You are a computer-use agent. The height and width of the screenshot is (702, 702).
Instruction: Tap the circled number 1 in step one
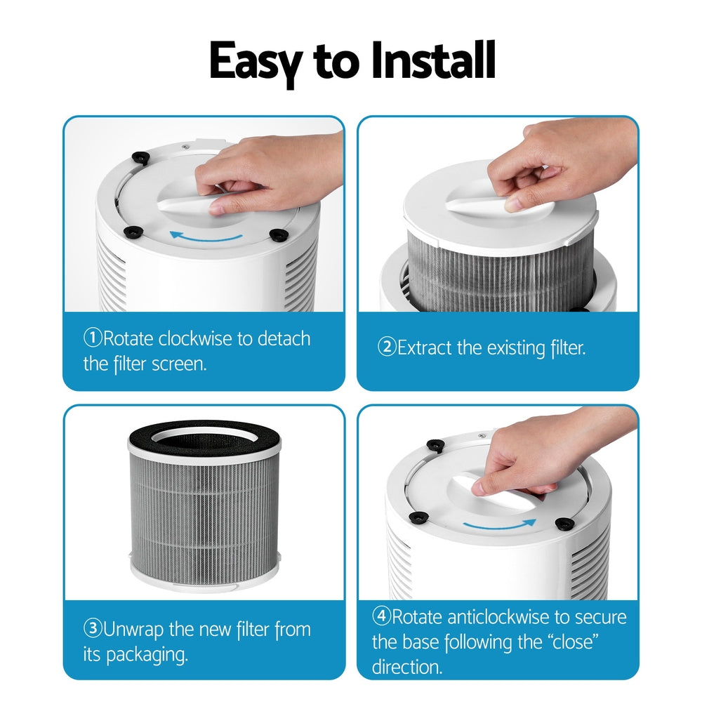click(93, 339)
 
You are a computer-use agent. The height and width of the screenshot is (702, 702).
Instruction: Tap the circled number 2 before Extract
click(387, 347)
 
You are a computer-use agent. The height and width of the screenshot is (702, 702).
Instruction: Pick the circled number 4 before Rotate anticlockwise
click(381, 617)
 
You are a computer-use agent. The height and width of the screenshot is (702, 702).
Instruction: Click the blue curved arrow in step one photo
click(207, 237)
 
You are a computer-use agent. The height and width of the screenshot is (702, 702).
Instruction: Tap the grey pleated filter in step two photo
click(500, 270)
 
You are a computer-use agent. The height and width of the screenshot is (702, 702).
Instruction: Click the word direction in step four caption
click(407, 666)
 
